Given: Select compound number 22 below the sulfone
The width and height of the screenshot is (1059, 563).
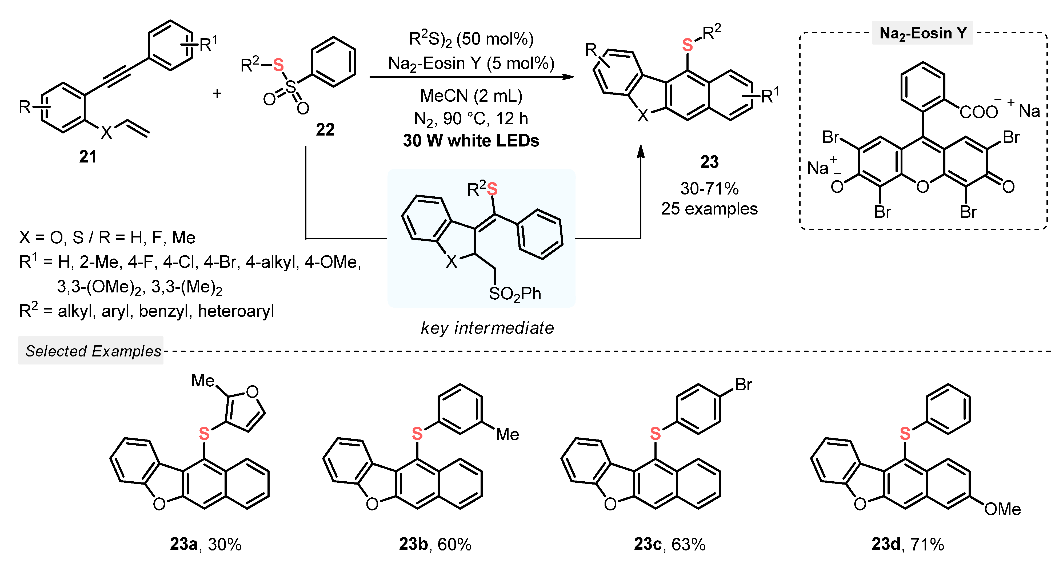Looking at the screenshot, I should click(325, 130).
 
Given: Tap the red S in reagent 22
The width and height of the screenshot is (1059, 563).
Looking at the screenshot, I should click(278, 65).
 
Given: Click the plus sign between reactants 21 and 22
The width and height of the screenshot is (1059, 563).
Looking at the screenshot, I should click(217, 94).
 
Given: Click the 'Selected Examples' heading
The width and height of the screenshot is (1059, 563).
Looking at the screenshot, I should click(93, 351).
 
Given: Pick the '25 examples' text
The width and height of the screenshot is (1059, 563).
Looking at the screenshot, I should click(709, 209).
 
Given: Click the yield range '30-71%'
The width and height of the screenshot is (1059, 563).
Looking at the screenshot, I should click(709, 189).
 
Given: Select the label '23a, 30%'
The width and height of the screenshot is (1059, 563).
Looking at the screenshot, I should click(206, 544).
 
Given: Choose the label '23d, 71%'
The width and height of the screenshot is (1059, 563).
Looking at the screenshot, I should click(908, 544).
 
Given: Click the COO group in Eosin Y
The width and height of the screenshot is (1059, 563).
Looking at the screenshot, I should click(978, 112).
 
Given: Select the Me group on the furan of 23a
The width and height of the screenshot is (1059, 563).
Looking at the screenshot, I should click(203, 381).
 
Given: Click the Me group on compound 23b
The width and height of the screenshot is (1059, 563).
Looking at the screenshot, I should click(507, 434).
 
